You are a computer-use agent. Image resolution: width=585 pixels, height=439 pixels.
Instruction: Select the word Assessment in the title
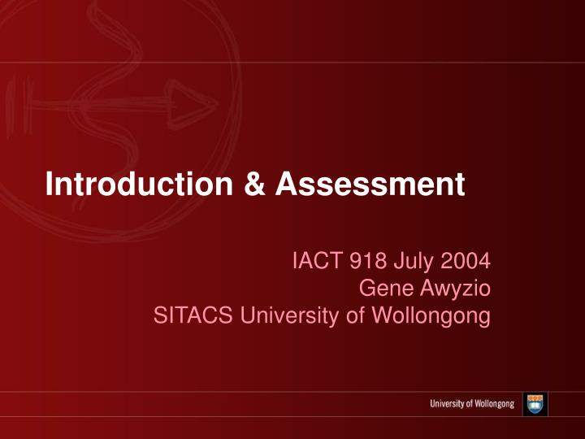tap(370, 185)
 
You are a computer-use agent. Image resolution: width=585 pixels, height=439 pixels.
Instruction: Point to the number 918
tap(364, 261)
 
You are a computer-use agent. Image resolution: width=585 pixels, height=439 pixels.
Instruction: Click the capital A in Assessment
tap(284, 185)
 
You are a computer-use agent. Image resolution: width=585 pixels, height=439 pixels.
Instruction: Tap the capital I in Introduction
tap(50, 185)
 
